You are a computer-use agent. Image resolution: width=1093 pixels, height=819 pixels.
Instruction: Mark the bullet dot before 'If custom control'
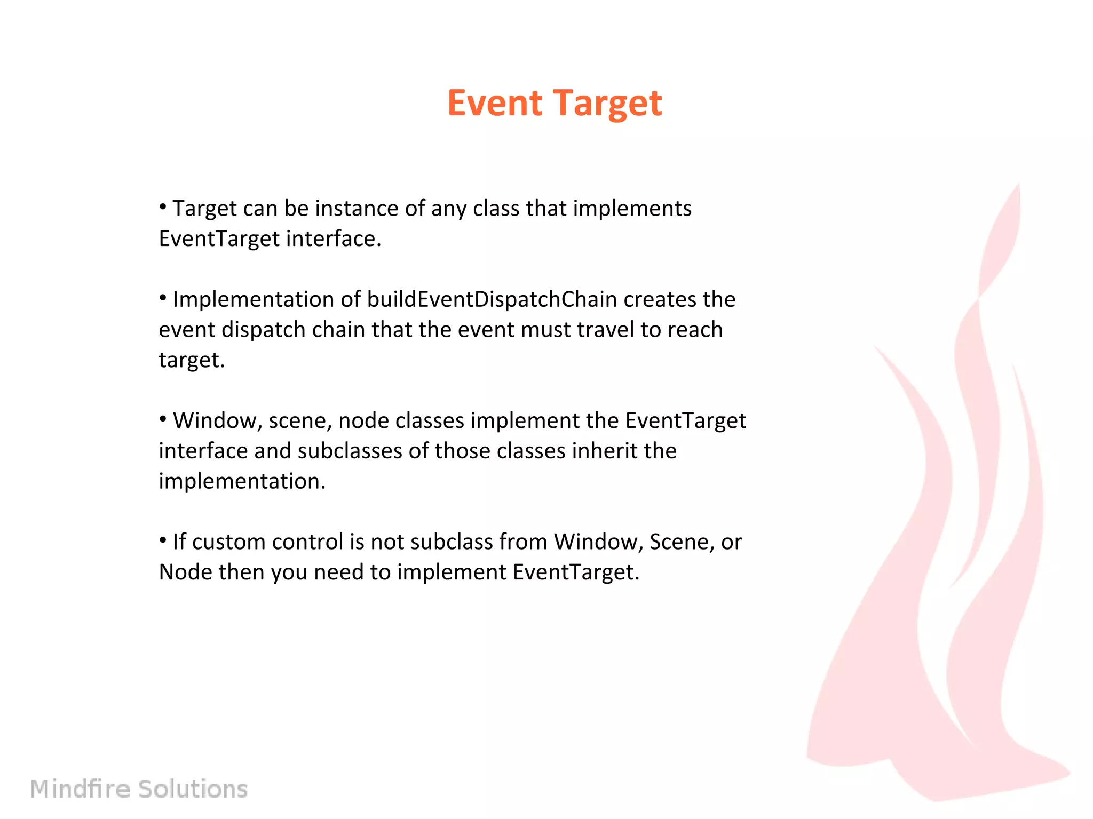163,540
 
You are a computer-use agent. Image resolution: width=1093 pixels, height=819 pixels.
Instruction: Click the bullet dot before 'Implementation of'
163,298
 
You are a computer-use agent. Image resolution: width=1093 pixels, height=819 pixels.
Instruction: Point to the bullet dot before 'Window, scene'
163,419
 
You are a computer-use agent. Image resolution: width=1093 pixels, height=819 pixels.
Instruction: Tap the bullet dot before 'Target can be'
163,206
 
